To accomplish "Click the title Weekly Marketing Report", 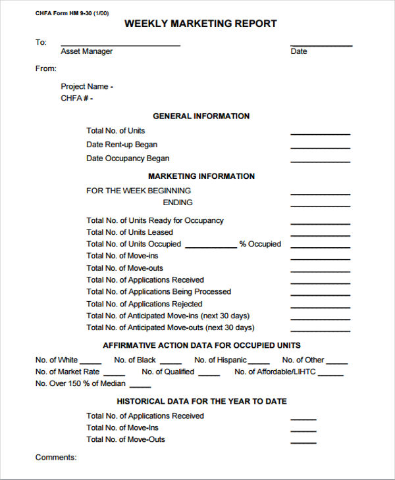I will click(201, 24).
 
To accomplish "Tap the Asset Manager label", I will click(86, 51).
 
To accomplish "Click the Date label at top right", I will click(299, 51).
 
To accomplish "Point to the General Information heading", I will click(201, 116).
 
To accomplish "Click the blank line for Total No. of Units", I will click(320, 133).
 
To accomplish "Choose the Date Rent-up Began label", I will click(122, 145).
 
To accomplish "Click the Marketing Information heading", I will click(201, 176).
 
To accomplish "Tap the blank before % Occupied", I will click(211, 247).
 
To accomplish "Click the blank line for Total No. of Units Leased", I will click(320, 235).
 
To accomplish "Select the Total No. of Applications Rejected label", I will click(144, 304).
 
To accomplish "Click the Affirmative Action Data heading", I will click(201, 345).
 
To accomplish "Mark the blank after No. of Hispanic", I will click(259, 363).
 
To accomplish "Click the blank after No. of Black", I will click(171, 363).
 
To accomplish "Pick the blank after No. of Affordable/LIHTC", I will click(330, 375).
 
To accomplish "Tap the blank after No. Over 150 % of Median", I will click(140, 387).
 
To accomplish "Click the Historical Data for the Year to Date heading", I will click(201, 401).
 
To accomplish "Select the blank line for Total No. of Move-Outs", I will click(303, 443).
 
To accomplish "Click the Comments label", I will click(56, 457).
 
